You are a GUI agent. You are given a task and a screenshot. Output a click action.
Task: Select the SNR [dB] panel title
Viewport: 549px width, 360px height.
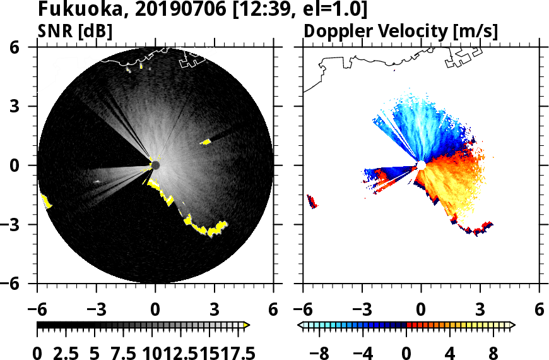tap(75, 31)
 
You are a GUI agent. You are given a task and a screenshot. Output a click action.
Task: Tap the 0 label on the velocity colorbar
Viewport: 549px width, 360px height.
tap(407, 352)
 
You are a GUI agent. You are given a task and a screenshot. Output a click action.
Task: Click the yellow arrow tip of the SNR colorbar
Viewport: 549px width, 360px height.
tap(247, 325)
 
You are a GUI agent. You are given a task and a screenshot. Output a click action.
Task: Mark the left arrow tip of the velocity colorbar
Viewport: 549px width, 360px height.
tap(301, 325)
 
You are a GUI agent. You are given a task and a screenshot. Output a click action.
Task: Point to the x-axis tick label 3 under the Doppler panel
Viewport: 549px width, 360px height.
tap(480, 309)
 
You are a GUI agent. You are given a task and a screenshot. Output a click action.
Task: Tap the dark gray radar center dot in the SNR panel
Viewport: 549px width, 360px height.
tap(155, 165)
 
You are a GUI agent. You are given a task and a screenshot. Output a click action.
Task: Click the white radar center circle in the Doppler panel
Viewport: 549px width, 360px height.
tap(421, 165)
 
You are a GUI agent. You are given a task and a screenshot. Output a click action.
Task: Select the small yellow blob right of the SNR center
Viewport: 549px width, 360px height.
tap(206, 142)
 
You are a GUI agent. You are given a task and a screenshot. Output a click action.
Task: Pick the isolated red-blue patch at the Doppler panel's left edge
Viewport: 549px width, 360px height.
tap(312, 201)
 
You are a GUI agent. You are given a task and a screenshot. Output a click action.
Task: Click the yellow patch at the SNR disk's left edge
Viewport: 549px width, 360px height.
tap(47, 201)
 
